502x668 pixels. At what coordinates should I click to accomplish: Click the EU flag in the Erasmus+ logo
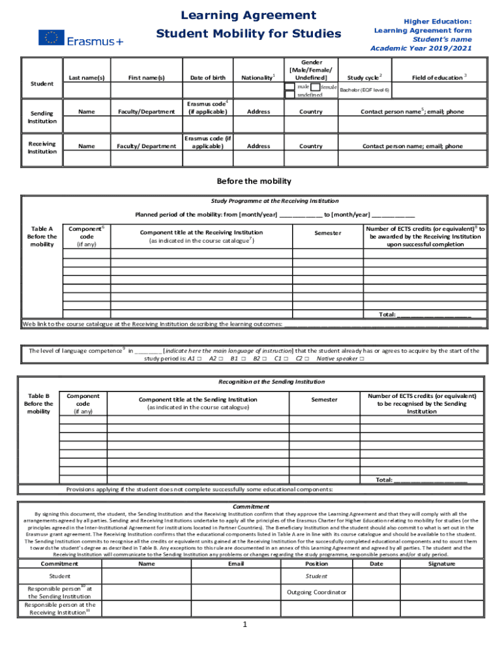coord(48,38)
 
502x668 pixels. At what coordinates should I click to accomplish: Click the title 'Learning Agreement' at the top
coord(239,15)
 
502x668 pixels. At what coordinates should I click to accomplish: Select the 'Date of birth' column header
coord(208,78)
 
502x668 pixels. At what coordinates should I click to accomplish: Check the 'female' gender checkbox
coord(316,87)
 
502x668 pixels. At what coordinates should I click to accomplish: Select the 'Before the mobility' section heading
coord(254,181)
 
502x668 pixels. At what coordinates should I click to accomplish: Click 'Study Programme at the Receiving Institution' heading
coord(274,201)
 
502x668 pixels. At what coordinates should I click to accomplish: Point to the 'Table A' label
coord(42,229)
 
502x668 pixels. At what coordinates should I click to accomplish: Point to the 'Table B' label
coord(39,396)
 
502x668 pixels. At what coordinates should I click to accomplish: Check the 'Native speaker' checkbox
coord(362,359)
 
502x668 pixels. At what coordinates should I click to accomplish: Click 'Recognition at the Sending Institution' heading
coord(271,382)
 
